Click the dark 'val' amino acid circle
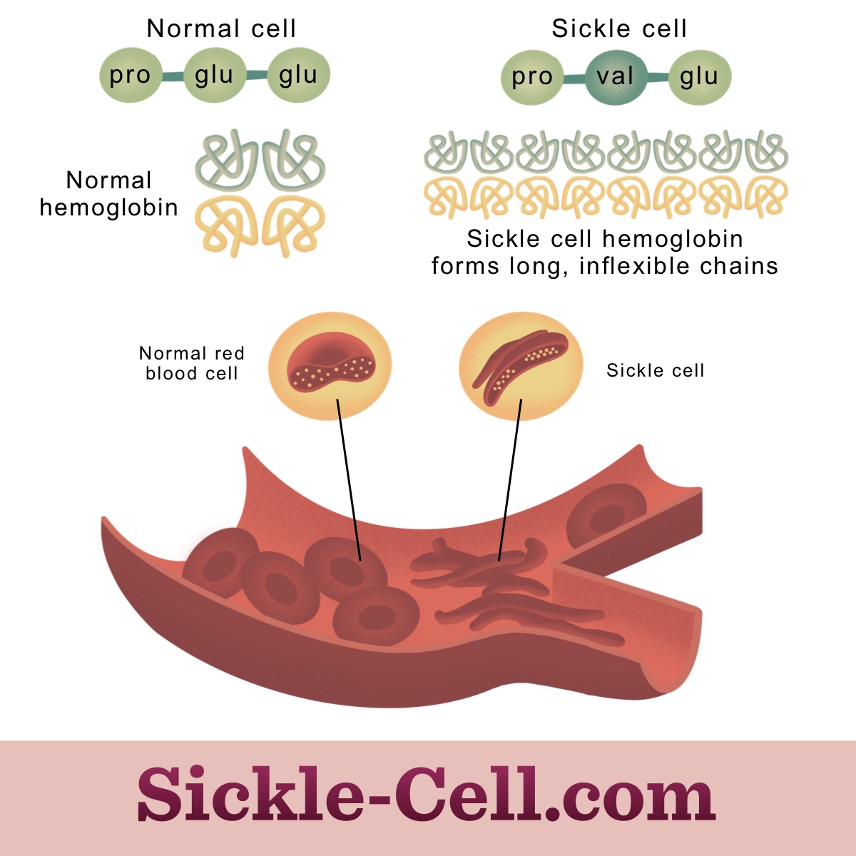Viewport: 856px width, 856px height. click(615, 76)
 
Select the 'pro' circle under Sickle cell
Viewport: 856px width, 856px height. click(532, 77)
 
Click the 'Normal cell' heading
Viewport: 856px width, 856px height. click(221, 29)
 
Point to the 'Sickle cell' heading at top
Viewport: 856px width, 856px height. click(619, 29)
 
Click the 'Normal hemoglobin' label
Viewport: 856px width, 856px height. click(108, 194)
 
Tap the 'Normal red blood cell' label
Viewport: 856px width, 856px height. click(191, 363)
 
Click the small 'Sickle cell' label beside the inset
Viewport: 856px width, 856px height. click(655, 370)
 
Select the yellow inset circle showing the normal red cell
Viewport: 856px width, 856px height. click(330, 365)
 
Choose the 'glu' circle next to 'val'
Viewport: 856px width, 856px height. click(699, 77)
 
